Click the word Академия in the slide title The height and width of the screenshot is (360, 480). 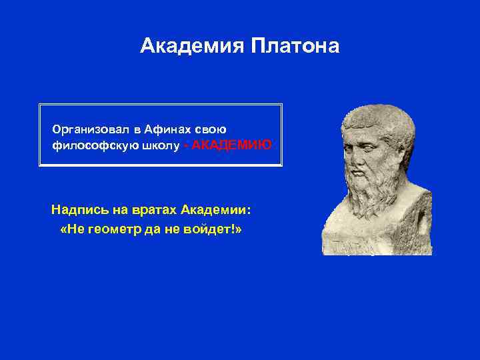(x=193, y=46)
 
